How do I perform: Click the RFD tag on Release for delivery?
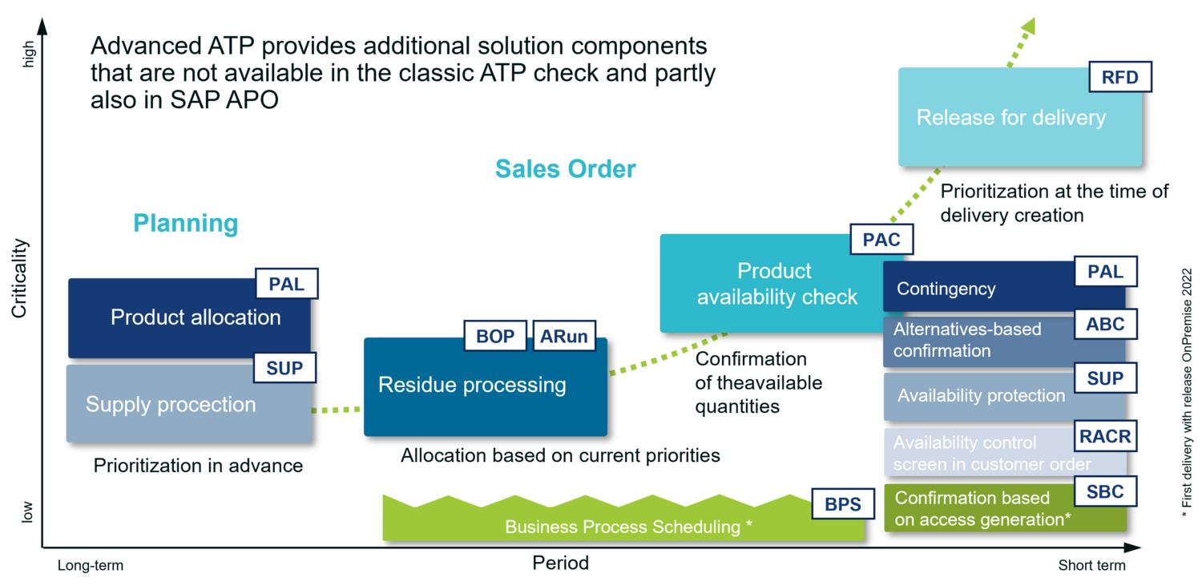point(1120,78)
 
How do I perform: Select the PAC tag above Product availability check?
point(881,239)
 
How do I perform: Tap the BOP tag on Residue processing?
point(495,336)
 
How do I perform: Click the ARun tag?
point(564,336)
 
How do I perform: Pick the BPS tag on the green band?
point(843,503)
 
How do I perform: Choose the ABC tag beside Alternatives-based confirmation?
point(1105,325)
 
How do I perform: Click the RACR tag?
point(1105,437)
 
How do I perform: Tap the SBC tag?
point(1105,491)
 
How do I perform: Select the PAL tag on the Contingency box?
point(1105,272)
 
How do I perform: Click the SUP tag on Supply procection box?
point(284,368)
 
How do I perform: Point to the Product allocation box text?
point(196,317)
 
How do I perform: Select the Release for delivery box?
point(1011,119)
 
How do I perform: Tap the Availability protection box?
point(981,396)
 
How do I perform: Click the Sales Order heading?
point(565,169)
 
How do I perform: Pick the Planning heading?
point(185,223)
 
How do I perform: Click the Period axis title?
point(560,563)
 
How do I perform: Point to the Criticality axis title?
point(19,278)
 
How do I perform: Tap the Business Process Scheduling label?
point(628,527)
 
